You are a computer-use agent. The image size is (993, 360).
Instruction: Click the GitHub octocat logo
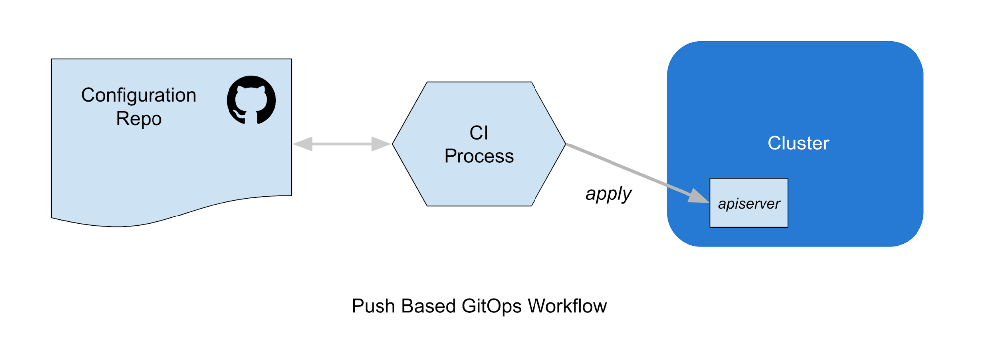pos(251,100)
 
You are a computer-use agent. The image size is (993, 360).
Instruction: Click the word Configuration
pos(139,95)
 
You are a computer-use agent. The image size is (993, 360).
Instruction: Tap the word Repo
pos(139,119)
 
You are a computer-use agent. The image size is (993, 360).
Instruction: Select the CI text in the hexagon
pos(479,133)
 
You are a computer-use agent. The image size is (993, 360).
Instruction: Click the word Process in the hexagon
pos(479,156)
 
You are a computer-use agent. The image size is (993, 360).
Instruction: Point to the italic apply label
pos(608,193)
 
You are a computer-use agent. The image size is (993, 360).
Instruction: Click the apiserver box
pos(749,203)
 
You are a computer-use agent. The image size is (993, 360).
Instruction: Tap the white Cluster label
pos(798,143)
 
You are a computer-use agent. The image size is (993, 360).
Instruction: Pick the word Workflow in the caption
pos(567,306)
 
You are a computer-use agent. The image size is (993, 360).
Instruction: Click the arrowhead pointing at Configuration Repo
pos(302,144)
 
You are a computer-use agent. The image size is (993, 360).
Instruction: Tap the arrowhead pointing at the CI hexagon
pos(382,144)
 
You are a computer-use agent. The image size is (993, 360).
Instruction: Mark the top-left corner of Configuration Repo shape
pos(52,60)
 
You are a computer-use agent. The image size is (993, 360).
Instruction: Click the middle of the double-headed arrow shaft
pos(342,144)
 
